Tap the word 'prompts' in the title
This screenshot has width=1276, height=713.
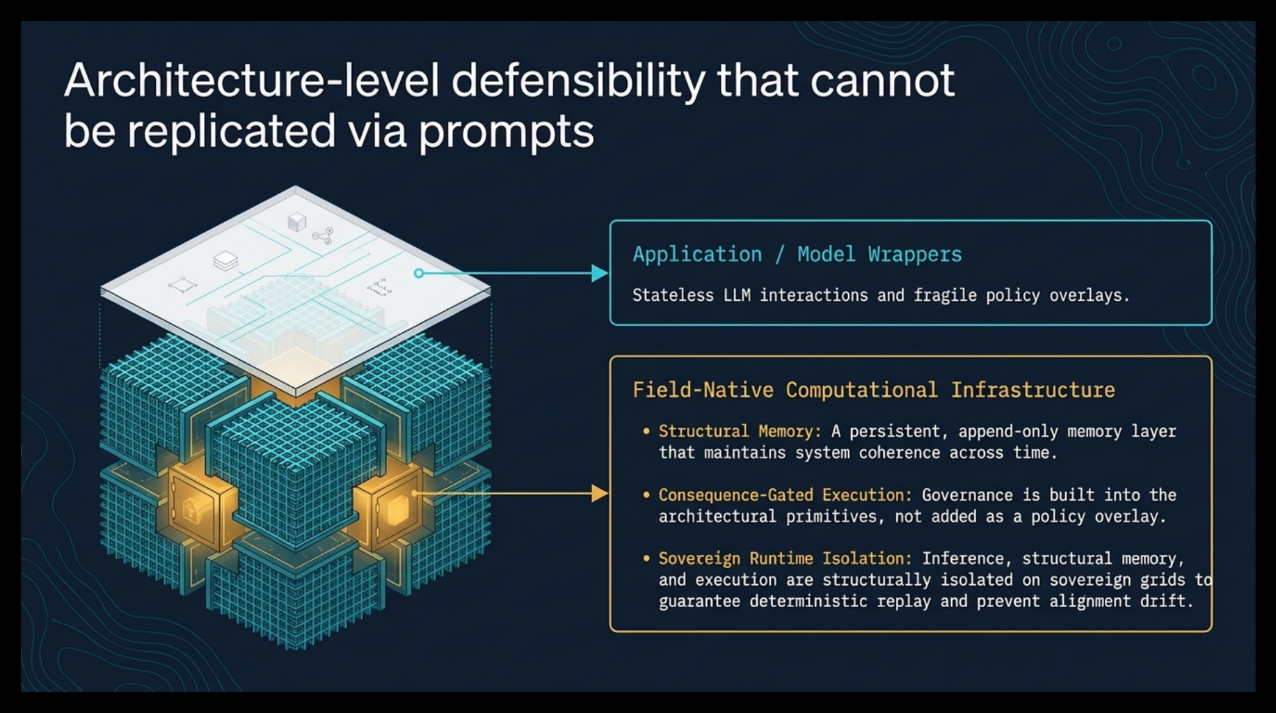pyautogui.click(x=507, y=132)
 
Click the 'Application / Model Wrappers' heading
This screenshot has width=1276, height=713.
pyautogui.click(x=797, y=255)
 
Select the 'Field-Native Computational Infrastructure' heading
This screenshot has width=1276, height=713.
pyautogui.click(x=874, y=390)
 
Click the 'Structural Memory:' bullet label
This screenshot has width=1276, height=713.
pyautogui.click(x=740, y=432)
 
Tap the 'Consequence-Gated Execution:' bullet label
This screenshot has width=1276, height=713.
pyautogui.click(x=785, y=495)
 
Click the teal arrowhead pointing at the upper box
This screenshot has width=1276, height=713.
pyautogui.click(x=600, y=273)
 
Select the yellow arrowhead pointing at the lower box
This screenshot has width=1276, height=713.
pyautogui.click(x=600, y=494)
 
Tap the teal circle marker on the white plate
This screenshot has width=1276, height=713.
pyautogui.click(x=419, y=273)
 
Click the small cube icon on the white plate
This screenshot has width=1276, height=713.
pyautogui.click(x=297, y=222)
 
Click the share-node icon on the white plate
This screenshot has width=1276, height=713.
pyautogui.click(x=323, y=236)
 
